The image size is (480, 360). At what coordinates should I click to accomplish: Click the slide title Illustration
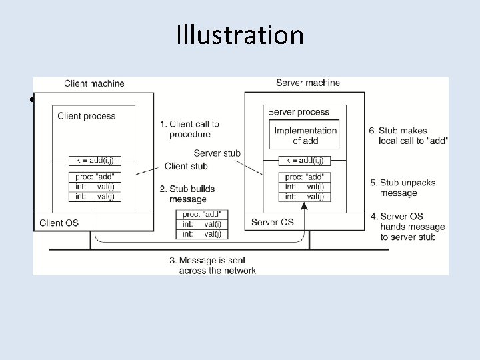[240, 35]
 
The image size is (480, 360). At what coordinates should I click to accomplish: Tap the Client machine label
[94, 83]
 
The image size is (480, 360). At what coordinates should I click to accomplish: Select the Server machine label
[308, 83]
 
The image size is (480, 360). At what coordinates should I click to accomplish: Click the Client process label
[87, 116]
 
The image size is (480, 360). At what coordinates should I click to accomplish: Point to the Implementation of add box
[305, 135]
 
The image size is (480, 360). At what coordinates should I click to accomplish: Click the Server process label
[299, 112]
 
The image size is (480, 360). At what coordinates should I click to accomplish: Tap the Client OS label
[60, 222]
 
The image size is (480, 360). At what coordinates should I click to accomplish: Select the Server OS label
[272, 222]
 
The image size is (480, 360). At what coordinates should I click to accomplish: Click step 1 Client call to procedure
[189, 129]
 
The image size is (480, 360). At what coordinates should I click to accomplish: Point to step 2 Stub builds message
[187, 194]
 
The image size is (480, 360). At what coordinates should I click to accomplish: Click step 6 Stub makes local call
[408, 135]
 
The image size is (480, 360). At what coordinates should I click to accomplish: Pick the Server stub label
[217, 153]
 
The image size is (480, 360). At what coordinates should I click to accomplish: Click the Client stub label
[186, 166]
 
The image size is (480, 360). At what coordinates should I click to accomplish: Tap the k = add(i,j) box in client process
[95, 161]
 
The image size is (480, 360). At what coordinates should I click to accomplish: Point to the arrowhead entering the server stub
[305, 207]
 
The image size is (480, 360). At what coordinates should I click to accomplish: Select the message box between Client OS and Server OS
[201, 224]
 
